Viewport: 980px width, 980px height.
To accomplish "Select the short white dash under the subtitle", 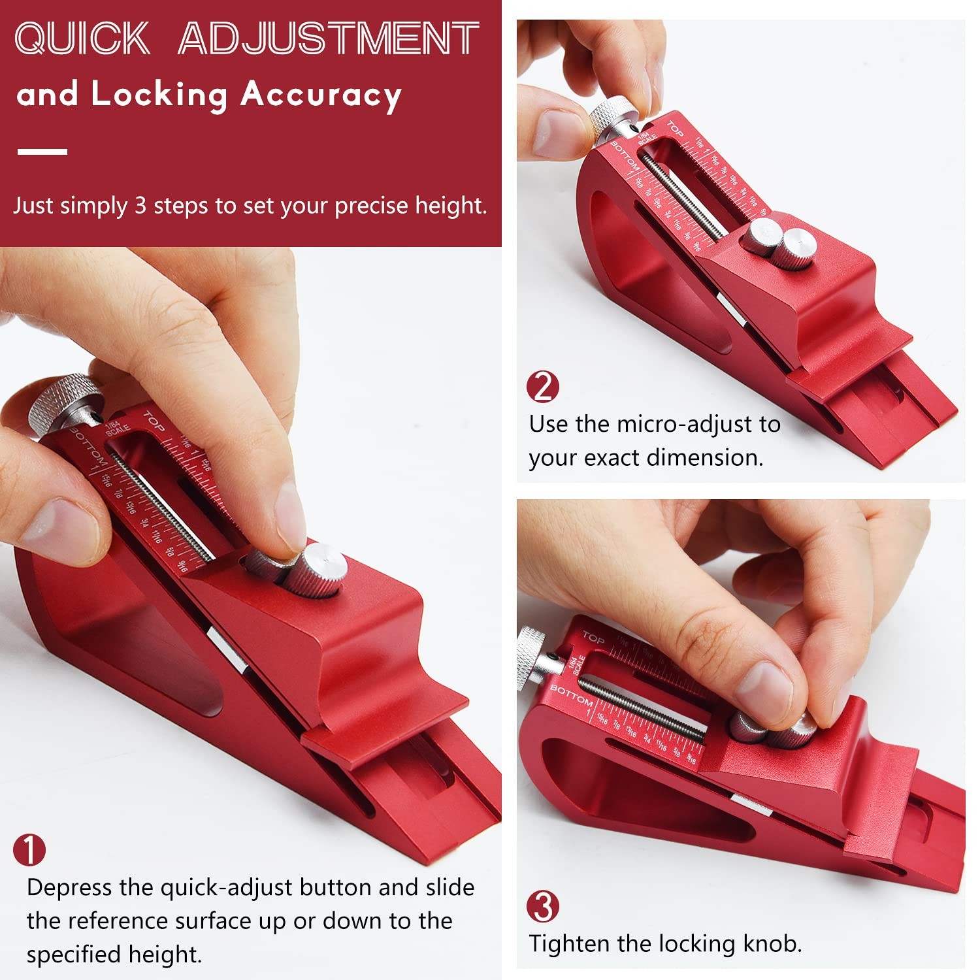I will pos(42,152).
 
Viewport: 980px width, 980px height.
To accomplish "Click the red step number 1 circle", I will pos(29,850).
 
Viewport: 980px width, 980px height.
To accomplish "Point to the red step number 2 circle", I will pos(543,387).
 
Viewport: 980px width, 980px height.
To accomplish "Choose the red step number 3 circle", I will pos(543,907).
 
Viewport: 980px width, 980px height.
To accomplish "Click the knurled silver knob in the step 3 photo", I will pos(533,657).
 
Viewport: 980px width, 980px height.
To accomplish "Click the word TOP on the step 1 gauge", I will pos(154,421).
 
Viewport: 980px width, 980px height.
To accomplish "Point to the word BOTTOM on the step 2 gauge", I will pos(624,157).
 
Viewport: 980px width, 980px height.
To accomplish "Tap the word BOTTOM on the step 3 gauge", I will pos(572,696).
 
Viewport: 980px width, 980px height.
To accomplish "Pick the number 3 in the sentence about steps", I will pos(140,206).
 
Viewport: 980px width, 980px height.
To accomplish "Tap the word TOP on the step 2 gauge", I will pos(676,129).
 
